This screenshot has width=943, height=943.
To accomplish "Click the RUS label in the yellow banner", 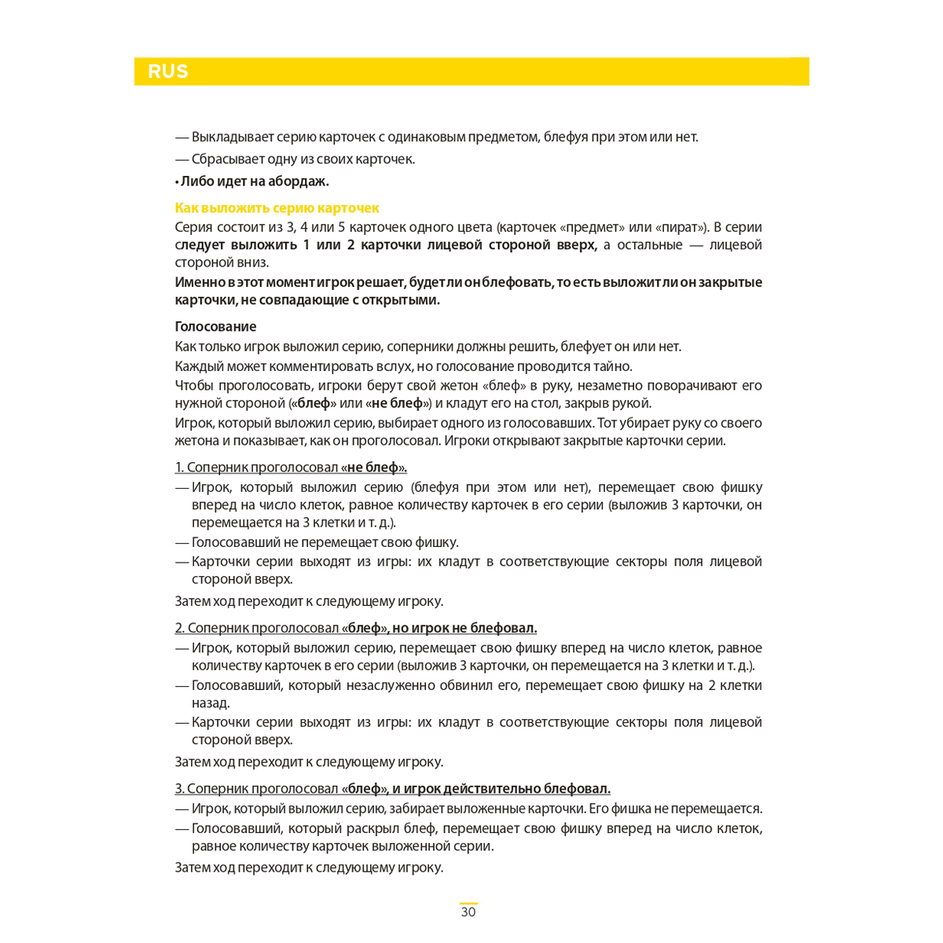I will tap(167, 72).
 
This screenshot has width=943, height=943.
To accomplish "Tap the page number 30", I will tap(468, 912).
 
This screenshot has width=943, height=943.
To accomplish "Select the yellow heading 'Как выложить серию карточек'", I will tap(277, 208).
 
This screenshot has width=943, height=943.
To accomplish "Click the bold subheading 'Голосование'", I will tap(215, 327).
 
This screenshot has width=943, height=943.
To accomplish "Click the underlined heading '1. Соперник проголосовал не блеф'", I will tap(291, 468).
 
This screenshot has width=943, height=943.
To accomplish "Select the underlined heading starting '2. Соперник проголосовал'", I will tap(356, 628).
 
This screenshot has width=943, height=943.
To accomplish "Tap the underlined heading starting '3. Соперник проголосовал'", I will tap(392, 788).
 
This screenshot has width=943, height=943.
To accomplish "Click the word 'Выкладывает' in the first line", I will tap(233, 137).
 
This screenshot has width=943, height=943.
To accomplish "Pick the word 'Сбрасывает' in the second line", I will tap(226, 160).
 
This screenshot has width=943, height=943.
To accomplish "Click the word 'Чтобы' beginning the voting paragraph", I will tap(193, 386).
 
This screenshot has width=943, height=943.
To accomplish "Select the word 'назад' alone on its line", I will tap(210, 703).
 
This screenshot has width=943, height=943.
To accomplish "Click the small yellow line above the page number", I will tap(468, 904).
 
